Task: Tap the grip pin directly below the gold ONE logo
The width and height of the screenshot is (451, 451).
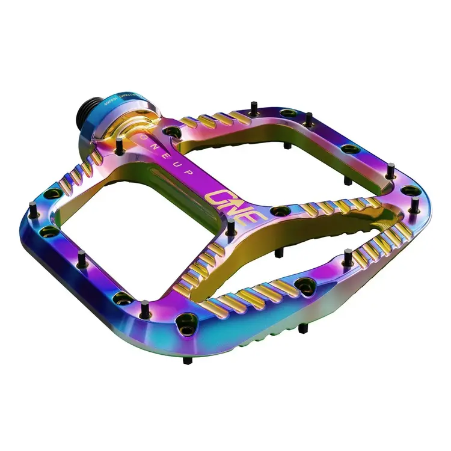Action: [232, 227]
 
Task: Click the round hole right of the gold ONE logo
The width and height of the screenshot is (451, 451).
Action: [278, 212]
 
